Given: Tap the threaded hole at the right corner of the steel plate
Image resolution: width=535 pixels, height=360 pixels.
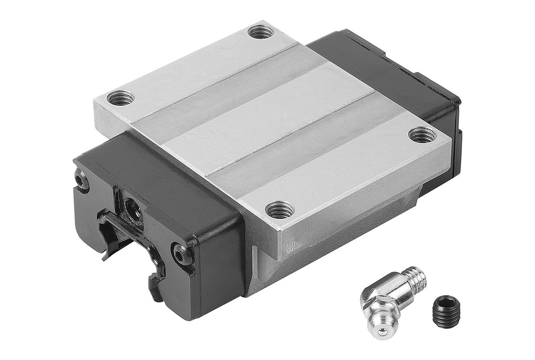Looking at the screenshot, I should (x=422, y=135).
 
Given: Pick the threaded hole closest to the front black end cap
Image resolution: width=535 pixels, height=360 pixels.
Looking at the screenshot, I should (x=280, y=209).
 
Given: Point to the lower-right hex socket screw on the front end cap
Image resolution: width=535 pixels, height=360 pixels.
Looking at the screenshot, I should (x=183, y=255).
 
